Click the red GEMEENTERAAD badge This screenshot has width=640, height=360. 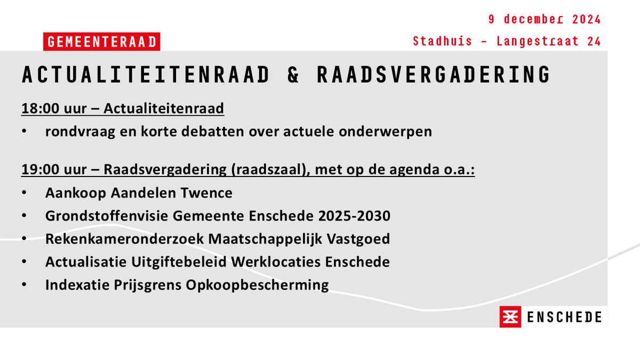click(101, 42)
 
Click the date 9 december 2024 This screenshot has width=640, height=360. click(545, 20)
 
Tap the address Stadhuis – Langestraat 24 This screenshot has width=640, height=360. click(507, 42)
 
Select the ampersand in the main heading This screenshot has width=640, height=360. click(293, 75)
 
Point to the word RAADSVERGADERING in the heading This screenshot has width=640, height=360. click(433, 75)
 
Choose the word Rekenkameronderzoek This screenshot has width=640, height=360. click(124, 239)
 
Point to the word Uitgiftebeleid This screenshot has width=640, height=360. click(174, 262)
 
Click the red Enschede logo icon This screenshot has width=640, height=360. click(510, 317)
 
